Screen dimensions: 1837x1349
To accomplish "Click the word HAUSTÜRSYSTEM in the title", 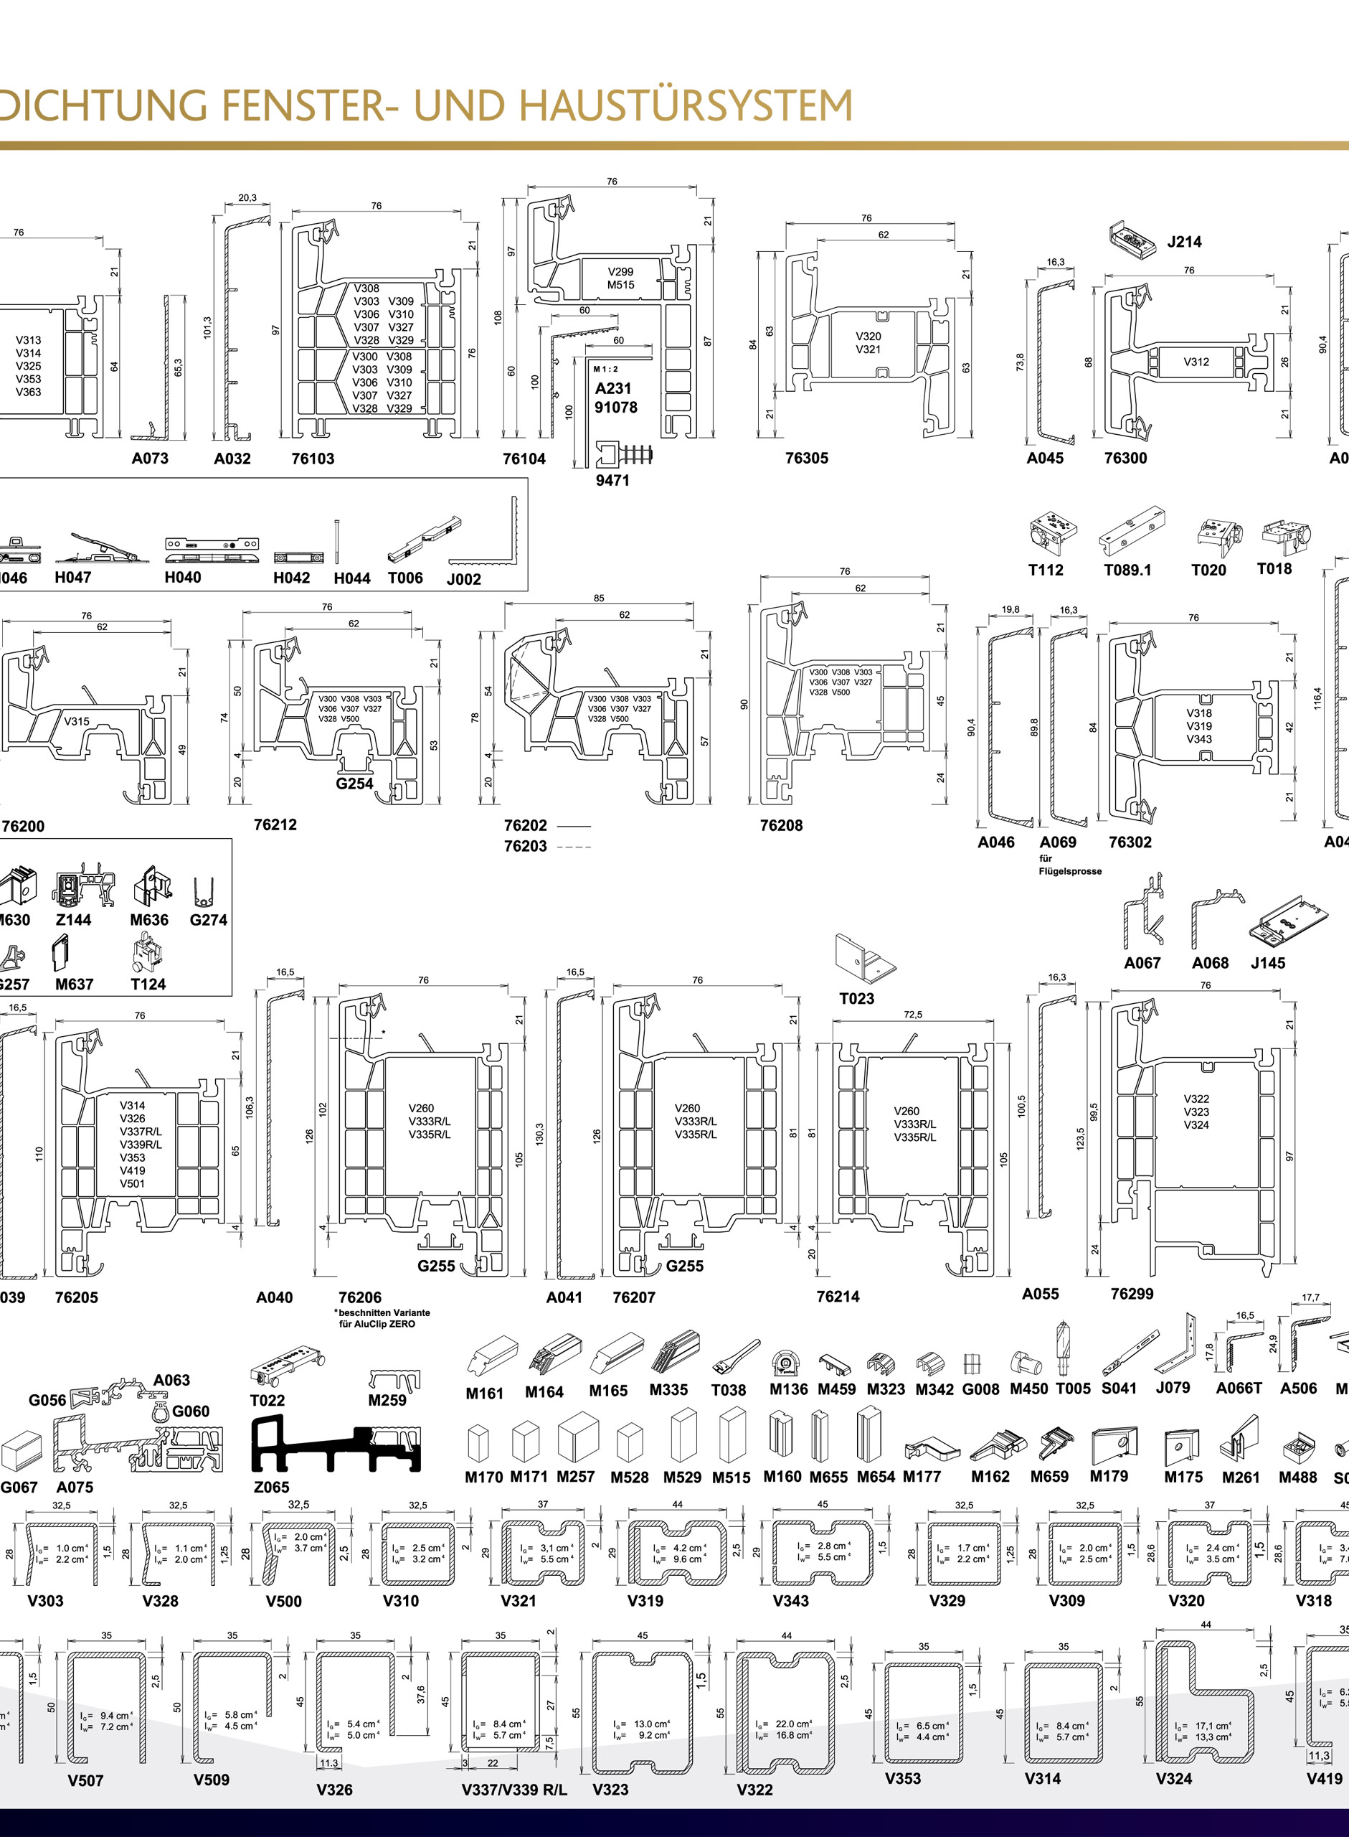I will pos(686,106).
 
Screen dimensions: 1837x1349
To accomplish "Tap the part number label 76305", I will pos(806,459).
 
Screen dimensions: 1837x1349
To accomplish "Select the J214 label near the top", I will pos(1183,242).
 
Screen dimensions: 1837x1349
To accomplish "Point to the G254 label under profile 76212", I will pos(354,784).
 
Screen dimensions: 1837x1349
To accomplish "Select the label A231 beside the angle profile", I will pos(612,389).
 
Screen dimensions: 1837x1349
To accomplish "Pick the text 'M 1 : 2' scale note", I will pos(606,370).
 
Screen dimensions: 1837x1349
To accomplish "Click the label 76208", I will pos(781,825).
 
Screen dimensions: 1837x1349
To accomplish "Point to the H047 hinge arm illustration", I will pos(102,548).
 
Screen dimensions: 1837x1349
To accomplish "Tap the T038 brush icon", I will pos(735,1357).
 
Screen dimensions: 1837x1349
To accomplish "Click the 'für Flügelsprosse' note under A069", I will pos(1070,865).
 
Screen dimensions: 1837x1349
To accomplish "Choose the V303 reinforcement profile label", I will pos(46,1601).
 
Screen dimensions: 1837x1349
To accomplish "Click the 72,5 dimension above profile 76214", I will pos(912,1015).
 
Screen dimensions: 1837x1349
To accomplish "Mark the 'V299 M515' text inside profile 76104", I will pos(620,278).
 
